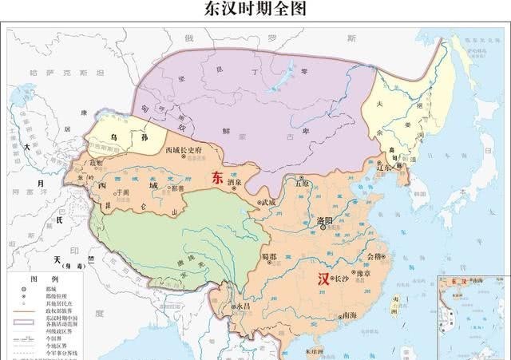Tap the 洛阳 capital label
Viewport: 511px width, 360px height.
328,219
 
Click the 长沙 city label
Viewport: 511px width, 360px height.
341,279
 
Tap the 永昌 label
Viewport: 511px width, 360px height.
241,306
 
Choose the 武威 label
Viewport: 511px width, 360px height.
267,202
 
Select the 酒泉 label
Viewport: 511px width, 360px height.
234,182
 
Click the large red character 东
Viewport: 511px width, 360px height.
215,179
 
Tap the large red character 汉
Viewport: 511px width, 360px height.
323,279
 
